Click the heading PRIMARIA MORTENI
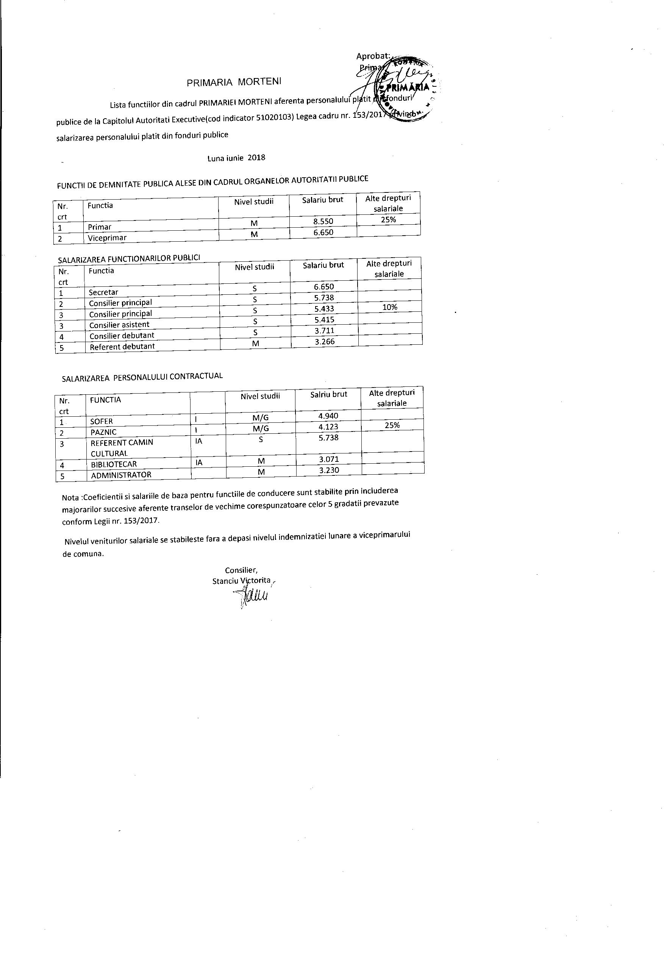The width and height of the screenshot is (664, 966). point(234,81)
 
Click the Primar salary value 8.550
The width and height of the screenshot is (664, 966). point(323,221)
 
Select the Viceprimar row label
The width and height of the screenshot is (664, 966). point(107,238)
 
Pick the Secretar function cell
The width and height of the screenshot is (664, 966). point(103,292)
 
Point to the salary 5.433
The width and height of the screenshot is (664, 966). point(324,309)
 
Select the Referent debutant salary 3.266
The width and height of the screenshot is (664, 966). point(325,342)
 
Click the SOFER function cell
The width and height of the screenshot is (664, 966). point(102,421)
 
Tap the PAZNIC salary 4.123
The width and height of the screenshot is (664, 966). point(329,427)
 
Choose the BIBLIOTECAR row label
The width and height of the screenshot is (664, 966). point(114,464)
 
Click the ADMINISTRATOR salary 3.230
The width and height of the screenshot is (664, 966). point(329,470)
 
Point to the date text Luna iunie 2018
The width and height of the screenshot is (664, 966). point(236,158)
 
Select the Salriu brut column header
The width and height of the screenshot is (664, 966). point(329,394)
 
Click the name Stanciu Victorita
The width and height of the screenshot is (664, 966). point(241,581)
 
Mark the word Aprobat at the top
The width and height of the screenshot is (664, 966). point(373,56)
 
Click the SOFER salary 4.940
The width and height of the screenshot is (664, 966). point(329,416)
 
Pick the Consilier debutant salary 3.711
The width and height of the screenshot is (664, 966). point(325,331)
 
